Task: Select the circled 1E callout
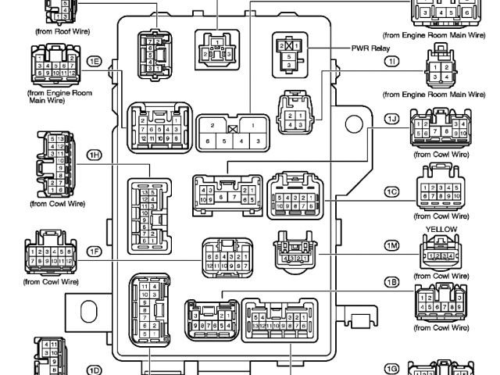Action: pyautogui.click(x=95, y=61)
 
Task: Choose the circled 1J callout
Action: pyautogui.click(x=392, y=118)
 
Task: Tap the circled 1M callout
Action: pyautogui.click(x=392, y=245)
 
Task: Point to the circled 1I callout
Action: pyautogui.click(x=392, y=61)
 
